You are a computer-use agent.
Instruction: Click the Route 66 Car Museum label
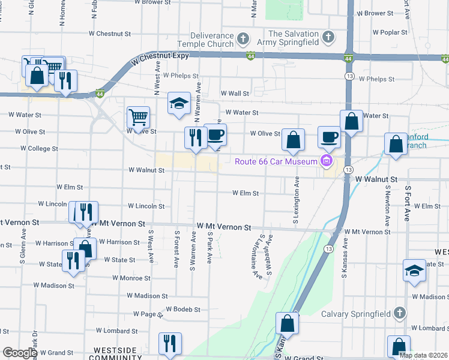pyautogui.click(x=276, y=161)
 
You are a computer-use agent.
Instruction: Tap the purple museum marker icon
pyautogui.click(x=327, y=160)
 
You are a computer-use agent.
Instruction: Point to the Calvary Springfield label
pyautogui.click(x=356, y=313)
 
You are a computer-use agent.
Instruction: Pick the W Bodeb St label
pyautogui.click(x=182, y=309)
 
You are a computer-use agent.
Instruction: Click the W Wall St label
pyautogui.click(x=235, y=94)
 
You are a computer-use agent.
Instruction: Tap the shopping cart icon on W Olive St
pyautogui.click(x=138, y=117)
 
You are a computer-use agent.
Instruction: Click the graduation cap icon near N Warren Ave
pyautogui.click(x=179, y=103)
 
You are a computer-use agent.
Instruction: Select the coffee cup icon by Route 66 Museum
pyautogui.click(x=328, y=137)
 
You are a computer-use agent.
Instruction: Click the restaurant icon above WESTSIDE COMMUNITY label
pyautogui.click(x=170, y=343)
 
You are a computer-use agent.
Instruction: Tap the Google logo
pyautogui.click(x=20, y=353)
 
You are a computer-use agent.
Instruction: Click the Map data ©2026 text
pyautogui.click(x=423, y=355)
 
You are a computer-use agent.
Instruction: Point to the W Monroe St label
pyautogui.click(x=131, y=278)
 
